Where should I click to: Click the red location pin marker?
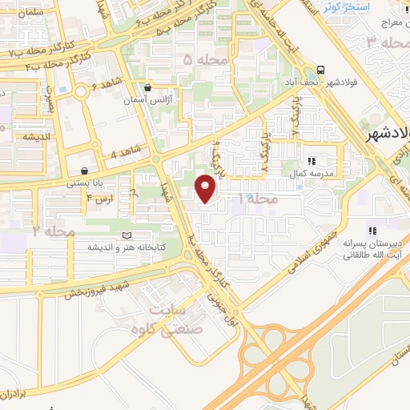tap(206, 187)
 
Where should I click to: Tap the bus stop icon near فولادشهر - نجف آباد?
tap(321, 69)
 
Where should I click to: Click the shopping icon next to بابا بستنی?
tap(84, 170)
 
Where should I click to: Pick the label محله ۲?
tap(47, 231)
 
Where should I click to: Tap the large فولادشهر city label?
tap(388, 135)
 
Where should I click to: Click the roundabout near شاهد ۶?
tap(82, 93)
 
